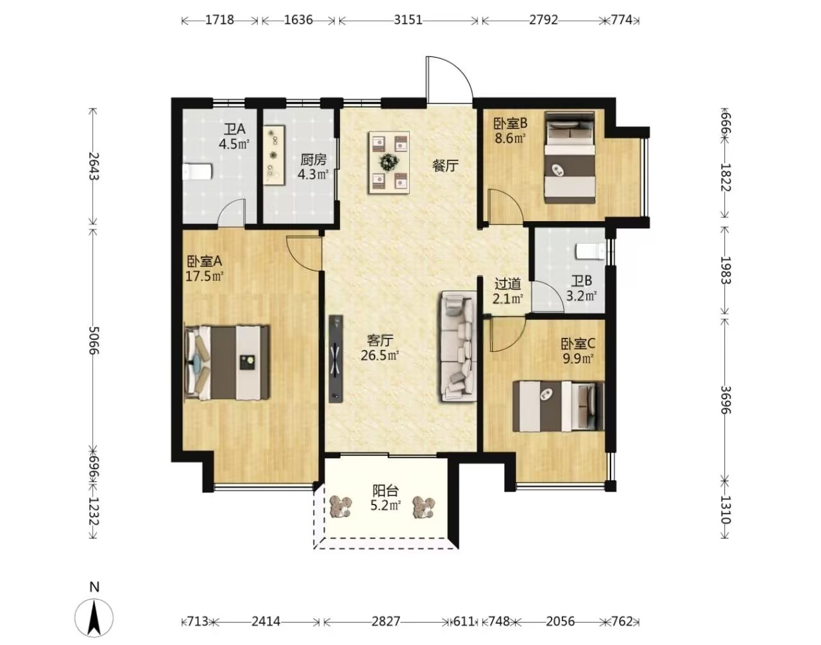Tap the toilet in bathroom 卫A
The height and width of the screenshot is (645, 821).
coord(197,172)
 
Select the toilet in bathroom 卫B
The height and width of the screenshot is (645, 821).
coord(590,251)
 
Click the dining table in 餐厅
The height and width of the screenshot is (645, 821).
coord(389,162)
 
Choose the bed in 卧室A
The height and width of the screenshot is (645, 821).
coord(226,362)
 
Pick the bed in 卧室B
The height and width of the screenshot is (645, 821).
coord(570,158)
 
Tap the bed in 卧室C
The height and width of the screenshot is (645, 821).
coord(558,406)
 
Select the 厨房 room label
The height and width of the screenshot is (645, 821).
coord(313,160)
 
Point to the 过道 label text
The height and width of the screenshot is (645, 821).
coord(508,283)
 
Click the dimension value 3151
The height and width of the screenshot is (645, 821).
coord(408,20)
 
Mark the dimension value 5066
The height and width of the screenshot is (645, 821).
coord(93,340)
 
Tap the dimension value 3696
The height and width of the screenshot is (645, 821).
coord(725,400)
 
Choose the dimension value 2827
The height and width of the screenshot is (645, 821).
coord(385,621)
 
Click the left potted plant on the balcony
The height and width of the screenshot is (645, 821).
coord(341,507)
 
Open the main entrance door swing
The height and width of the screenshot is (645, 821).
coord(449,80)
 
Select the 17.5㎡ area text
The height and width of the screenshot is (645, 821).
coord(205,276)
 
